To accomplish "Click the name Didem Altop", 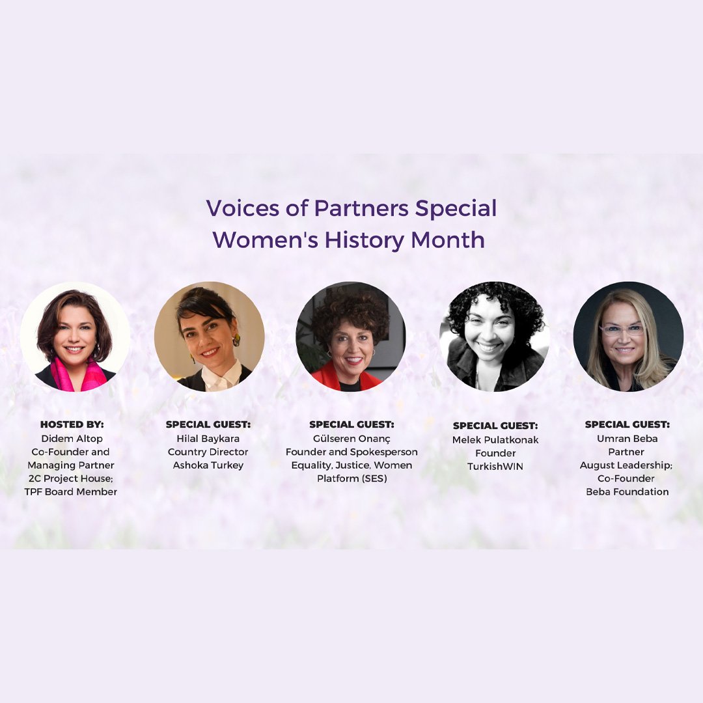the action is (x=72, y=439).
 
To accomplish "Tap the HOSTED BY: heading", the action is (x=72, y=424).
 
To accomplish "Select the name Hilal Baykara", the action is (x=208, y=439).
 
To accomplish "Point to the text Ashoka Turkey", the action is (x=208, y=465).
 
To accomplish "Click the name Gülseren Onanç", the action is (x=351, y=439).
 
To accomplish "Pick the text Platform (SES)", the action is (x=351, y=478).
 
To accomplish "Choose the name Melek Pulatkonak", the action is (x=495, y=440).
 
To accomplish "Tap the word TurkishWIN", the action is (x=495, y=466).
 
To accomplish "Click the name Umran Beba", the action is (x=627, y=439).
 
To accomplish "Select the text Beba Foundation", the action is (x=627, y=492).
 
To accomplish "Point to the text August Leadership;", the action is (x=626, y=465).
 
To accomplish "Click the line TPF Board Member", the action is (x=71, y=492).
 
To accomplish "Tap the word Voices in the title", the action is (x=243, y=208).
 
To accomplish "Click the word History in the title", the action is (x=364, y=240).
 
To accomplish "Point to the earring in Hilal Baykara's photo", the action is (x=236, y=340).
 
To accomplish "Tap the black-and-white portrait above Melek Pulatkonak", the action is (x=495, y=337).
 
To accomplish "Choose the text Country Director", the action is (x=208, y=452).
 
